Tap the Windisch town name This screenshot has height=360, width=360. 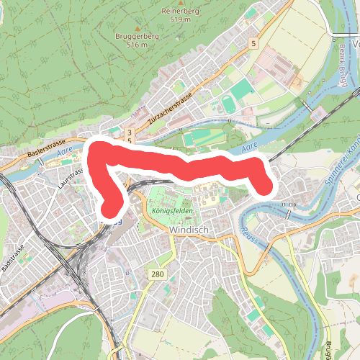click(x=188, y=230)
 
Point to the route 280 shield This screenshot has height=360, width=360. click(x=158, y=274)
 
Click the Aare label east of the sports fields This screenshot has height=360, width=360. click(x=250, y=147)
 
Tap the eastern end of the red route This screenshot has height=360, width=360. click(x=264, y=187)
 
